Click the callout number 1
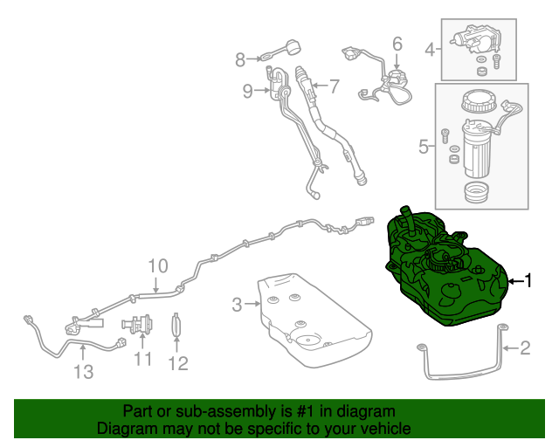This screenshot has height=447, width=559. point(528,280)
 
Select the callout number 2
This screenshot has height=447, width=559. point(525,349)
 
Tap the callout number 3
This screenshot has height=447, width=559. point(237,305)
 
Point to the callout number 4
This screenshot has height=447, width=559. point(430,49)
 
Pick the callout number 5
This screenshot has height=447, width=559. point(424,147)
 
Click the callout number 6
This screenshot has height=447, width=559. point(397,43)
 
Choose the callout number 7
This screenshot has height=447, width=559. point(332,86)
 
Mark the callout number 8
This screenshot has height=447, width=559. point(241,59)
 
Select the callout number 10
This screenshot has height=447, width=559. point(156,266)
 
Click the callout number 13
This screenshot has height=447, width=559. point(83,373)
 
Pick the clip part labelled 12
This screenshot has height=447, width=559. point(177,326)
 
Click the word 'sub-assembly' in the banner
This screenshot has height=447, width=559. point(200,411)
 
